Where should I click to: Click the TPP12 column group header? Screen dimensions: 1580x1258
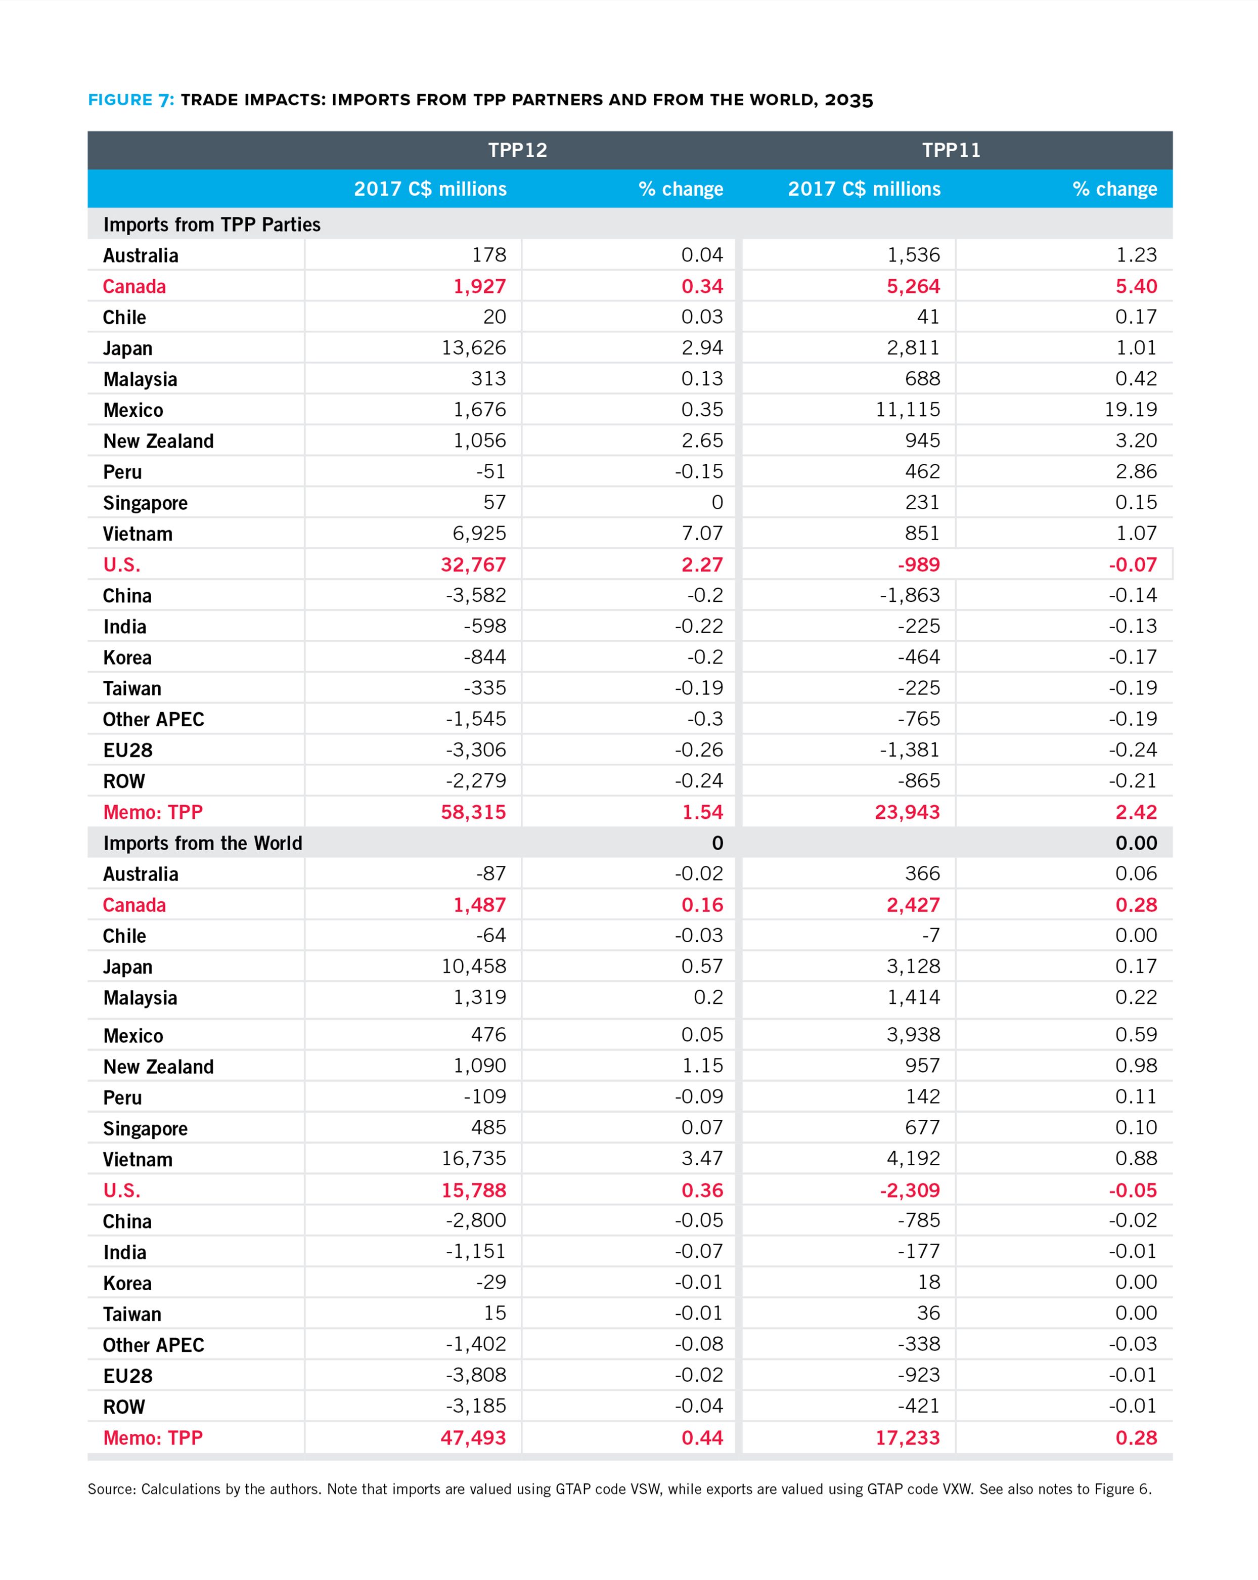click(x=517, y=150)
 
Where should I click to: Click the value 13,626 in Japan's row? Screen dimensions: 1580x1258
click(x=473, y=347)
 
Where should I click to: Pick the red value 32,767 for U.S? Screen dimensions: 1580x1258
click(x=473, y=564)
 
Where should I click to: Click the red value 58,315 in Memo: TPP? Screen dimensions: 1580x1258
click(x=473, y=812)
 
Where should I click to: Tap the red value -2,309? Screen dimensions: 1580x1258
click(x=909, y=1190)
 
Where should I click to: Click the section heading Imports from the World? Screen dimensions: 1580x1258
click(x=202, y=843)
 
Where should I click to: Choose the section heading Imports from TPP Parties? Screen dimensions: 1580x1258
click(x=212, y=224)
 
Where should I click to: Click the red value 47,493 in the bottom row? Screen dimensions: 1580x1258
click(x=473, y=1438)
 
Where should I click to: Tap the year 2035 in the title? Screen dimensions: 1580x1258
click(x=848, y=100)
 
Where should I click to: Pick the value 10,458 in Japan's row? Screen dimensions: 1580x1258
click(x=473, y=966)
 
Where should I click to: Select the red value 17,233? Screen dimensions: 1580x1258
click(x=907, y=1438)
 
